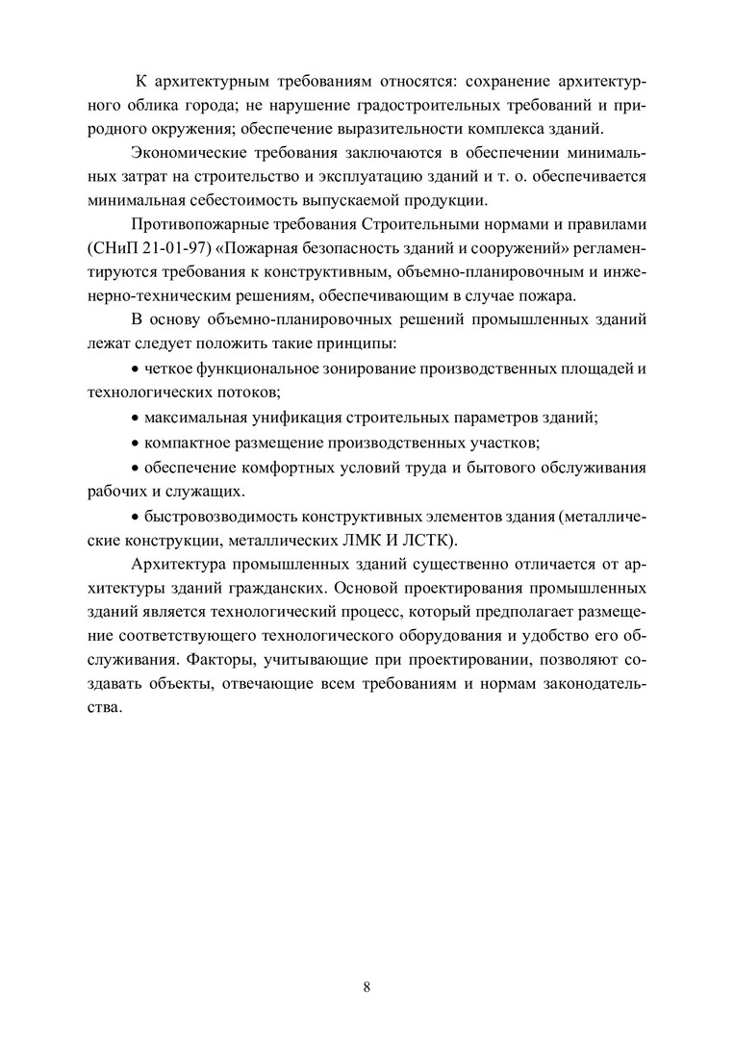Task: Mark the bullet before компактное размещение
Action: [135, 443]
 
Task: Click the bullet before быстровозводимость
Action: [135, 515]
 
